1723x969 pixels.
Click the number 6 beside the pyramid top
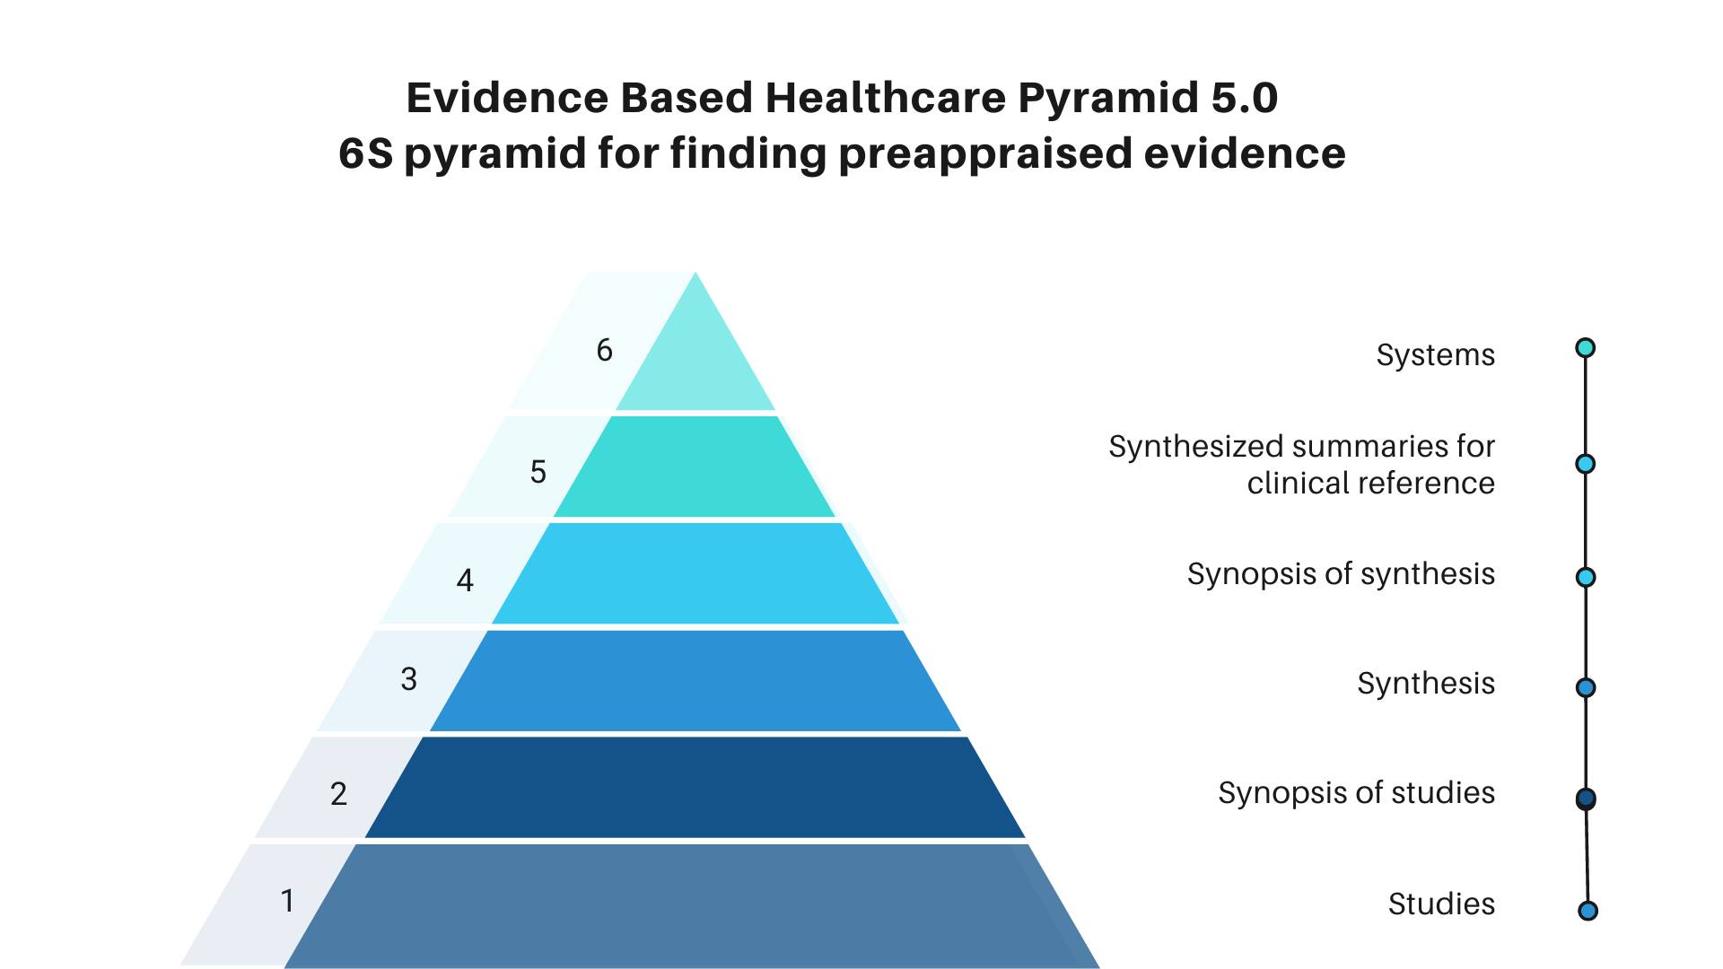click(x=604, y=350)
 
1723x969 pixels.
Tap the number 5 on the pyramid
click(x=538, y=472)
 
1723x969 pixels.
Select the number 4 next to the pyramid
click(x=465, y=581)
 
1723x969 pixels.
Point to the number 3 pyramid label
click(x=408, y=679)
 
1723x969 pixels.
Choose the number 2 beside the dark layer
click(x=338, y=794)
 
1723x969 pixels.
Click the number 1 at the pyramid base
click(x=287, y=900)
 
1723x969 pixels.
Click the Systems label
click(x=1436, y=355)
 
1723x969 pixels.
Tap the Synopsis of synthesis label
click(x=1341, y=574)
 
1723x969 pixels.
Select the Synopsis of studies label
click(x=1356, y=793)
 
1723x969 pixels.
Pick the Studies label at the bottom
click(x=1441, y=904)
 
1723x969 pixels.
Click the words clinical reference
click(x=1370, y=483)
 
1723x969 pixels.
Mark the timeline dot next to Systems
click(x=1586, y=347)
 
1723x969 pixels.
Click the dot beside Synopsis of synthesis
click(x=1586, y=577)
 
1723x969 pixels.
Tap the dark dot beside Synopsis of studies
click(x=1586, y=799)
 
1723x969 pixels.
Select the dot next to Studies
click(x=1587, y=911)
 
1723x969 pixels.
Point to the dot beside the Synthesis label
click(x=1586, y=687)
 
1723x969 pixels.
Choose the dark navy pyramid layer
click(x=695, y=787)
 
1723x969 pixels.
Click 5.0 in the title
click(x=1245, y=97)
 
